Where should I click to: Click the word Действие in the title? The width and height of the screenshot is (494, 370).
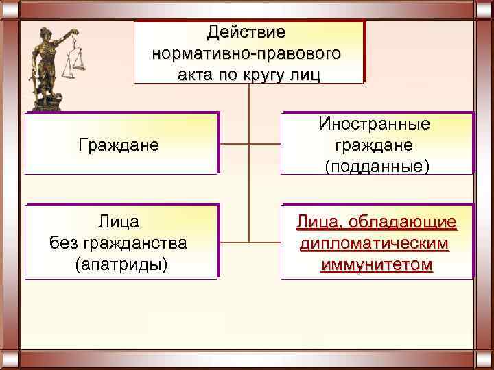coord(248,32)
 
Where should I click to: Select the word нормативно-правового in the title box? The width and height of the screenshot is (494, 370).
coord(248,53)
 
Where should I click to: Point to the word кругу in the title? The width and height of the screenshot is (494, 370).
coord(268,73)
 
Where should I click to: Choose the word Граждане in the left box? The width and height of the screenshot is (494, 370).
coord(119,145)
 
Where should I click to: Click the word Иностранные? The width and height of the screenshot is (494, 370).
coord(374,124)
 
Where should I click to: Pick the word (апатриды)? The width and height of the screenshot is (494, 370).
coord(121,264)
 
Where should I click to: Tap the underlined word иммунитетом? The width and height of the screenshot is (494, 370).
coord(376,264)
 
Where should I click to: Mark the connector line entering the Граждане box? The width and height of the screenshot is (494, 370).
coord(233,145)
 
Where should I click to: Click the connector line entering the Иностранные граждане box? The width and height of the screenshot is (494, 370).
coord(265,145)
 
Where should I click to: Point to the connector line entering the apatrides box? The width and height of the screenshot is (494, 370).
coord(233,242)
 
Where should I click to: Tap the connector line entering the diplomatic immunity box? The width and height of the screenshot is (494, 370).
coord(265,242)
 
